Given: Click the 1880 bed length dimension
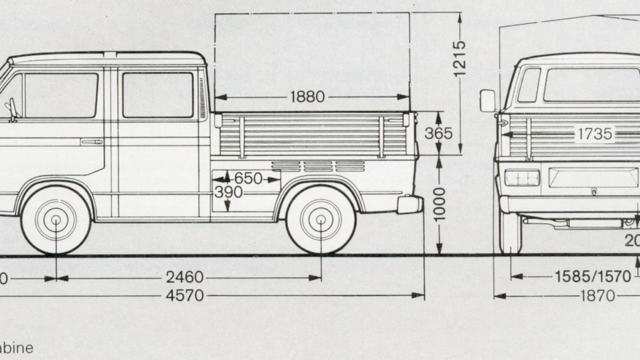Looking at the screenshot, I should pyautogui.click(x=308, y=97).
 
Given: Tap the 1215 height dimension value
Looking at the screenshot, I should pyautogui.click(x=459, y=58).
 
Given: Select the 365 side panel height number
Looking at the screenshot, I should pyautogui.click(x=438, y=133).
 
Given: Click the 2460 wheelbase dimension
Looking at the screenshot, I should pyautogui.click(x=184, y=277).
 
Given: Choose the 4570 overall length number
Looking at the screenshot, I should pyautogui.click(x=184, y=295).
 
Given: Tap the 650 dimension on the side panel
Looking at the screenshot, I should pyautogui.click(x=249, y=179).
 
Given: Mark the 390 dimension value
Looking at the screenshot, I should pyautogui.click(x=228, y=193).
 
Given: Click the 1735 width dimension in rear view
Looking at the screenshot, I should pyautogui.click(x=594, y=133).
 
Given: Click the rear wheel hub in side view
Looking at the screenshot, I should pyautogui.click(x=321, y=219).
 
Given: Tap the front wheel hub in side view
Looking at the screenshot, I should pyautogui.click(x=56, y=219).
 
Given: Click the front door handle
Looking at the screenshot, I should pyautogui.click(x=91, y=142).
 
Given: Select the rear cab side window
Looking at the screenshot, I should pyautogui.click(x=158, y=95).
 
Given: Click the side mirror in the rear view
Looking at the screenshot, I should pyautogui.click(x=487, y=101).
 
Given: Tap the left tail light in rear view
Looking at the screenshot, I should pyautogui.click(x=522, y=178).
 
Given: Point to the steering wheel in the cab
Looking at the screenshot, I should pyautogui.click(x=12, y=109).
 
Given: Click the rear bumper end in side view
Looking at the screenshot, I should pyautogui.click(x=410, y=204).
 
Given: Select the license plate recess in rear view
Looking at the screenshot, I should pyautogui.click(x=593, y=178).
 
